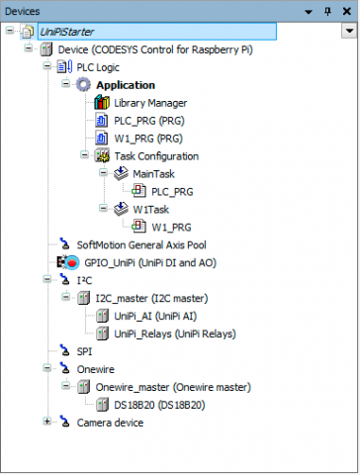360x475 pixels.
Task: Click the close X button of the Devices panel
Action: pyautogui.click(x=346, y=12)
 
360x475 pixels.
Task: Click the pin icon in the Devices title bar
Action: pyautogui.click(x=327, y=12)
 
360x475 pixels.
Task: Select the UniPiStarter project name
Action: pyautogui.click(x=67, y=32)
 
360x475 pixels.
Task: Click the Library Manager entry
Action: pyautogui.click(x=150, y=103)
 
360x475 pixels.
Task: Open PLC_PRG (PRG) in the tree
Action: pyautogui.click(x=149, y=121)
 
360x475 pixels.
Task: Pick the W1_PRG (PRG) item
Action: pyautogui.click(x=148, y=139)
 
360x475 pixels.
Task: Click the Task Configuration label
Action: pyautogui.click(x=156, y=156)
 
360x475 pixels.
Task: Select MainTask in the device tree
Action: pyautogui.click(x=153, y=174)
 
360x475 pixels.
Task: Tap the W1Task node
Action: pyautogui.click(x=150, y=210)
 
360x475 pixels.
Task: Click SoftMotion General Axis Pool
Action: pyautogui.click(x=141, y=245)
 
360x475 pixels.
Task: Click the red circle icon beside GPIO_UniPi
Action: pyautogui.click(x=71, y=263)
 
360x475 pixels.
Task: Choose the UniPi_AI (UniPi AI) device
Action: pyautogui.click(x=155, y=317)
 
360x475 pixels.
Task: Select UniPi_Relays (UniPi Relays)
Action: pyautogui.click(x=175, y=334)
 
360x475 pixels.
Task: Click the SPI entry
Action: pyautogui.click(x=84, y=351)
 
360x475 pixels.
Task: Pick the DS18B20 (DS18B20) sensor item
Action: pyautogui.click(x=159, y=405)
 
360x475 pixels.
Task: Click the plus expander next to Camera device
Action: pyautogui.click(x=46, y=422)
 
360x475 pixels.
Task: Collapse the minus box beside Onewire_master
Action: pyautogui.click(x=65, y=386)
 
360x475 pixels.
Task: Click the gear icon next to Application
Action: pyautogui.click(x=83, y=85)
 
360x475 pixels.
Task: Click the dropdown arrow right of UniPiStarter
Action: pyautogui.click(x=349, y=32)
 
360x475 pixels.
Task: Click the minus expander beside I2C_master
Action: pyautogui.click(x=65, y=297)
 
